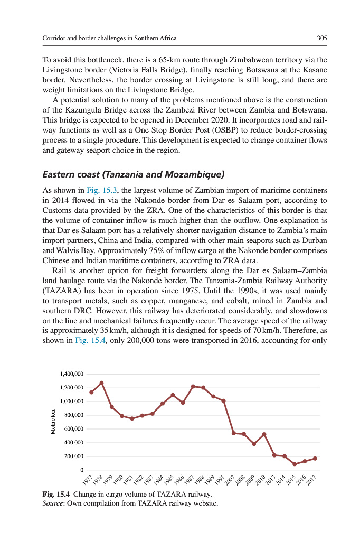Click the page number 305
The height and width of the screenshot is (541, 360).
[x=322, y=38]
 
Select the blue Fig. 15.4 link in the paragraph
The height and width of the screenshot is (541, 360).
[x=91, y=340]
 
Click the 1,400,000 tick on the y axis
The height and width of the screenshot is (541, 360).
[x=72, y=374]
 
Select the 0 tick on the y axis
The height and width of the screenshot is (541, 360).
[x=82, y=470]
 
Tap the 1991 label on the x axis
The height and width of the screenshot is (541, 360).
[x=221, y=480]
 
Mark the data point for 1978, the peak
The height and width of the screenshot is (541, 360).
[x=101, y=383]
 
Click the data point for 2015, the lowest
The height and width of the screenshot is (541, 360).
[x=295, y=464]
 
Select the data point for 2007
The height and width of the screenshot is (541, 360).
[x=234, y=433]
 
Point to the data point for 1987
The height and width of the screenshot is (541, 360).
[x=193, y=387]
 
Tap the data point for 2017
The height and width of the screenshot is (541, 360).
[x=315, y=458]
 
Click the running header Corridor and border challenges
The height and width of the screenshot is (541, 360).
[x=109, y=38]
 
